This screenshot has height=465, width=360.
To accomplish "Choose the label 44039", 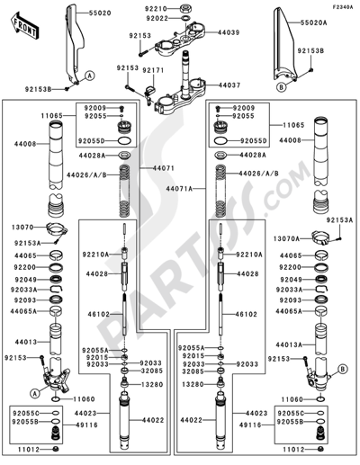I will tap(229, 32).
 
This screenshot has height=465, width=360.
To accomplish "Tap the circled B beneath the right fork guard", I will tap(283, 90).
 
